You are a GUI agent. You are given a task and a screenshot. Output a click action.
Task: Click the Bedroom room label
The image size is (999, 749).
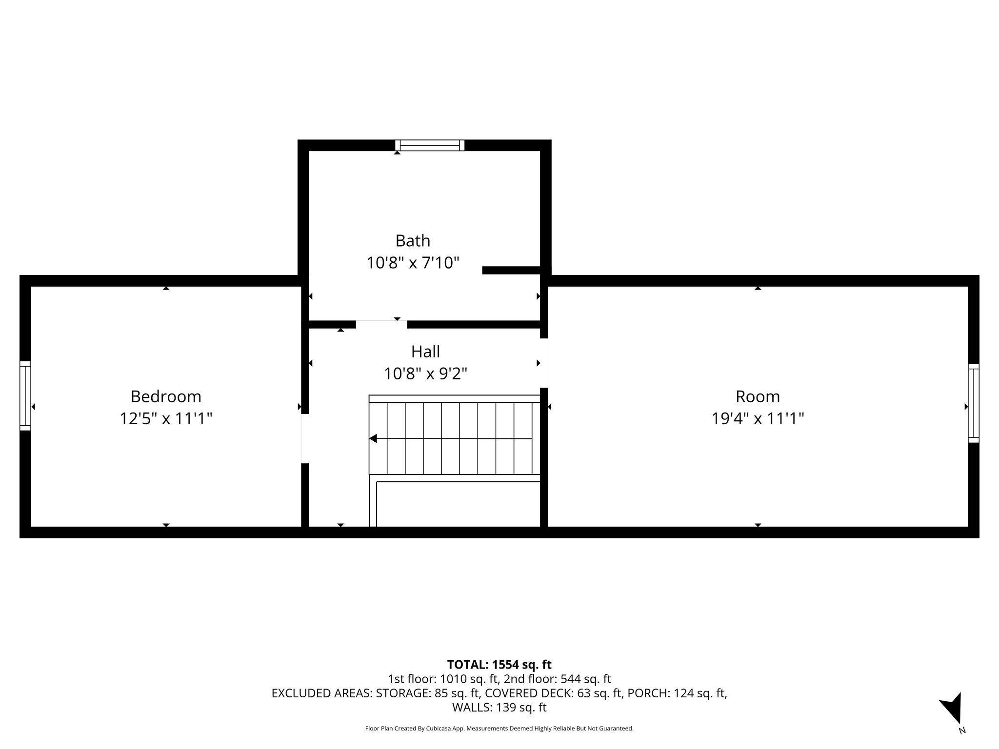(166, 396)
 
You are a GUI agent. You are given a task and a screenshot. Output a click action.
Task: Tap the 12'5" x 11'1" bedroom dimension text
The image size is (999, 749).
(166, 419)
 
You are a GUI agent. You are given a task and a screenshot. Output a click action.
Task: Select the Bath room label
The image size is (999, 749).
(413, 241)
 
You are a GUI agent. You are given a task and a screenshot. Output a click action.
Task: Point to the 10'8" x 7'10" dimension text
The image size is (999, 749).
(413, 263)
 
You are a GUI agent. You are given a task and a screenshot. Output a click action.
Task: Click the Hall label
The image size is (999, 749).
(425, 352)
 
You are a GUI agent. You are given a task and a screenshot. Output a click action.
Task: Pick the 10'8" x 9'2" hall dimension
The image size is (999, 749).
(425, 374)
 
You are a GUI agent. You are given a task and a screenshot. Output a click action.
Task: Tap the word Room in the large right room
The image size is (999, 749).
(758, 396)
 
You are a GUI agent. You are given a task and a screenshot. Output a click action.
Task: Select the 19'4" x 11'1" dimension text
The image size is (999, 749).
(758, 419)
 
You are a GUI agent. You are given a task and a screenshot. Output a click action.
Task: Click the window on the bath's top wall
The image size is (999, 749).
(430, 145)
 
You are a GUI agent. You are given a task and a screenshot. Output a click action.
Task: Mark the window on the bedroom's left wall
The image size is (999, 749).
(25, 396)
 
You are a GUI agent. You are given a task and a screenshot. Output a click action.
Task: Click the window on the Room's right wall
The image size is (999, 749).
(973, 403)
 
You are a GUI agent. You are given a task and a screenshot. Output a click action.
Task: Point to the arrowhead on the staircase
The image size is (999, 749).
(373, 438)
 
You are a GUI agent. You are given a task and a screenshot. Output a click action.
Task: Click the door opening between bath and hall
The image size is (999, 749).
(381, 324)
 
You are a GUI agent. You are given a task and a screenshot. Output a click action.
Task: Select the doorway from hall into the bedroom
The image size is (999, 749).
(305, 438)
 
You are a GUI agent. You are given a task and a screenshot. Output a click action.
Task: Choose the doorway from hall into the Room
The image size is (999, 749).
(544, 363)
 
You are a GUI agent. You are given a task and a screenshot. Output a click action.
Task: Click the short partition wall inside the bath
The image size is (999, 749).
(511, 270)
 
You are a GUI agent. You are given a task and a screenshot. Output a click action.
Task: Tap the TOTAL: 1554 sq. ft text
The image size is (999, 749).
(499, 665)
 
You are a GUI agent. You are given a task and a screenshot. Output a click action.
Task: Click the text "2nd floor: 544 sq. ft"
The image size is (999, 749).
(558, 679)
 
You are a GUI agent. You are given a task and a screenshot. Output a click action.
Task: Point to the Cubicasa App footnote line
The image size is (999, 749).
(499, 729)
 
